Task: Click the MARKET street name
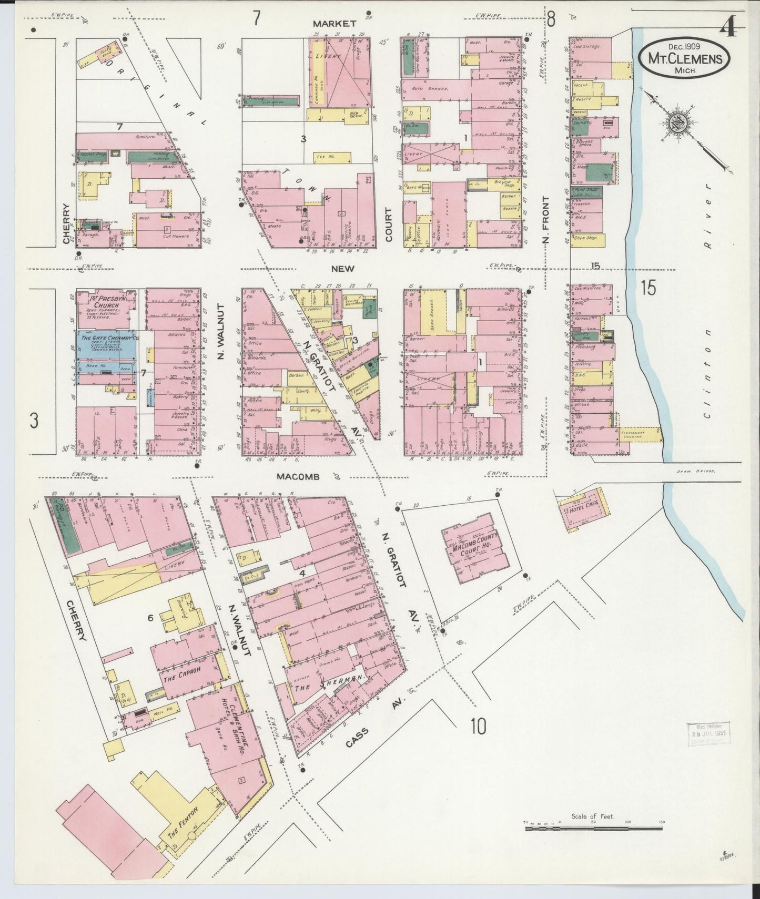pos(335,24)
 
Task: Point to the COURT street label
pos(389,224)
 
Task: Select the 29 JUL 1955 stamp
pos(708,733)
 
